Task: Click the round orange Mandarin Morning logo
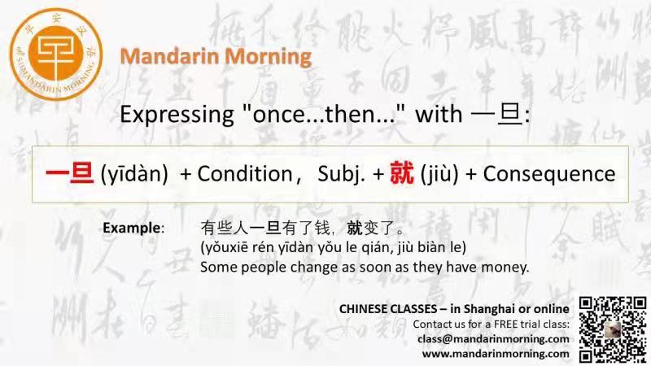coord(56,54)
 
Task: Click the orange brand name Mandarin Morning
coord(216,56)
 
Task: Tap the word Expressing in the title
coord(177,115)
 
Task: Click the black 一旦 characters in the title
coord(497,114)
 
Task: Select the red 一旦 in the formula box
coord(69,172)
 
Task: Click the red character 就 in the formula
coord(401,173)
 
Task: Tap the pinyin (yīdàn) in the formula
coord(134,174)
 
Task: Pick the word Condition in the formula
coord(245,174)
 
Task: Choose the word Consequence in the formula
coord(549,174)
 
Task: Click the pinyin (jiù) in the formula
coord(439,174)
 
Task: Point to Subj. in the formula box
coord(341,174)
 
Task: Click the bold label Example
coord(132,228)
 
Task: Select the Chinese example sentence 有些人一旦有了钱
coord(265,228)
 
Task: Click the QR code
coord(613,329)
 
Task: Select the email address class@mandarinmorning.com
coord(493,339)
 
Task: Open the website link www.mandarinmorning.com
coord(496,354)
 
